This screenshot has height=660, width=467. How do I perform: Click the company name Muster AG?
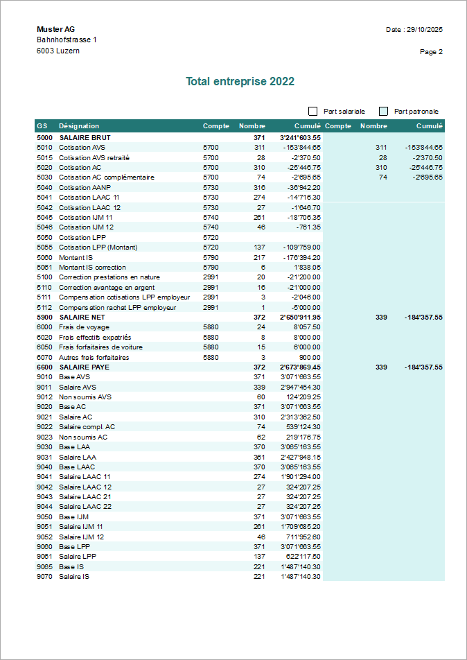point(55,29)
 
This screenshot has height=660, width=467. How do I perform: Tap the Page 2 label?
point(431,51)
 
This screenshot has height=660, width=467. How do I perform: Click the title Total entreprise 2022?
point(240,81)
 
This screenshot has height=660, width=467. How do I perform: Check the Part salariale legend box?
point(313,111)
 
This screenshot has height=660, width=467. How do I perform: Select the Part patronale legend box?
point(384,111)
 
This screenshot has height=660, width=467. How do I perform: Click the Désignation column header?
point(79,126)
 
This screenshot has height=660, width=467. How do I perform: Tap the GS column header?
point(42,126)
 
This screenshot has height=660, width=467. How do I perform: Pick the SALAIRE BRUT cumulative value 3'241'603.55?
point(300,137)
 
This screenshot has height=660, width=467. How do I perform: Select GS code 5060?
point(44,257)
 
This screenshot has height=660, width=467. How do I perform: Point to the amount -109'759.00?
point(302,247)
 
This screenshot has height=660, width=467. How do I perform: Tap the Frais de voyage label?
point(84,327)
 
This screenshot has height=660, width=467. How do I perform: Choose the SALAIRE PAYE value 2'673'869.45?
point(300,367)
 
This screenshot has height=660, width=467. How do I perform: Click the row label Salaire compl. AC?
point(87,427)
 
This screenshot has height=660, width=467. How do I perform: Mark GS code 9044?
point(44,507)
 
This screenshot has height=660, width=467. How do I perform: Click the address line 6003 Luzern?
point(58,51)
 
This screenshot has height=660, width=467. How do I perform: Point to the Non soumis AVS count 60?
point(261,397)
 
